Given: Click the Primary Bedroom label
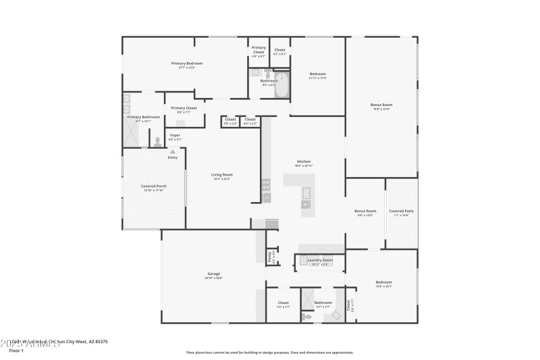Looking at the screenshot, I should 186,63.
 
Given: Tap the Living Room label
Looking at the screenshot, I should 222,175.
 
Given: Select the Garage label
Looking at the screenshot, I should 213,274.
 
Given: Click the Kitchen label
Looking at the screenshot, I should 304,161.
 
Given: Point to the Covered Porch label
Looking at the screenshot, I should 153,186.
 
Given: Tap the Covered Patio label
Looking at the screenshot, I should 401,211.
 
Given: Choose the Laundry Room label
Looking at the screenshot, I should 319,260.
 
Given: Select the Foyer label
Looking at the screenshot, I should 175,136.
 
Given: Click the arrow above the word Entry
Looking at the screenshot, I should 173,152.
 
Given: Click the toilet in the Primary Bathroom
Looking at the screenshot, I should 157,142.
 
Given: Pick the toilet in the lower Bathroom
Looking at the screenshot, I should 307,315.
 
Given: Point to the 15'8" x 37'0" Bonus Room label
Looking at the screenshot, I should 381,105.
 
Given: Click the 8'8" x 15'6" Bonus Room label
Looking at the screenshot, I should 365,211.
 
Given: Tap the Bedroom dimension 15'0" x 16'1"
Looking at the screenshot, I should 383,286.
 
